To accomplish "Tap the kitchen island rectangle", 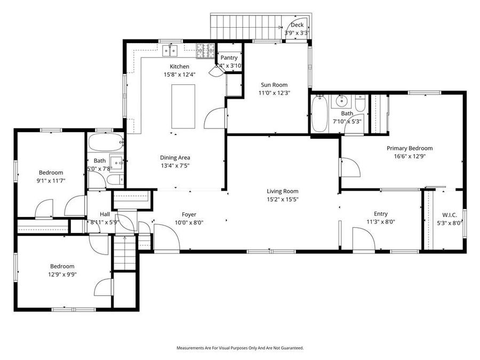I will point(183,107).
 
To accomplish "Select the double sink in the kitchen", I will point(171,51).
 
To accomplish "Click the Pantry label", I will point(229,58).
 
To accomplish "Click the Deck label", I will point(297,25).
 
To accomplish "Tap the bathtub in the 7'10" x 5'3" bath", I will point(319,113).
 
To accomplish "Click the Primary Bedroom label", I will point(410,148).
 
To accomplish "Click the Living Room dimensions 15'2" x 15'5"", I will point(283,199).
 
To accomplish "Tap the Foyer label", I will point(189,214).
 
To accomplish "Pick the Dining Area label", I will point(175,157).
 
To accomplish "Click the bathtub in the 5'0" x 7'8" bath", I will point(105,143).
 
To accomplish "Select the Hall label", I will point(105,214).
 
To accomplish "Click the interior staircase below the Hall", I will point(126,254).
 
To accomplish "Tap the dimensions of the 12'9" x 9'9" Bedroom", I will point(62,275).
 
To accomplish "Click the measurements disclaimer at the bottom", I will point(240,348).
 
